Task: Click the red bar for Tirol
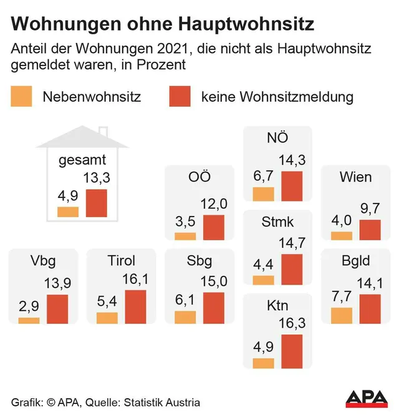[136, 307]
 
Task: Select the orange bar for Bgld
[341, 315]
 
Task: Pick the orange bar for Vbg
[29, 320]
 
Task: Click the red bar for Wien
[370, 230]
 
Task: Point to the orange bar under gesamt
[68, 212]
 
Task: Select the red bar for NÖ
[292, 186]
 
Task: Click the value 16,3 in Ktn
[292, 325]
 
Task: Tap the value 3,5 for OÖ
[185, 222]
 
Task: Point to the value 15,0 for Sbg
[213, 282]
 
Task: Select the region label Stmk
[277, 222]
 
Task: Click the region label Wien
[355, 177]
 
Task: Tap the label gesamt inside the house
[82, 160]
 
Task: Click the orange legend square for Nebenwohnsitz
[21, 97]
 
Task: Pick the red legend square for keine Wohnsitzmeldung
[180, 97]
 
